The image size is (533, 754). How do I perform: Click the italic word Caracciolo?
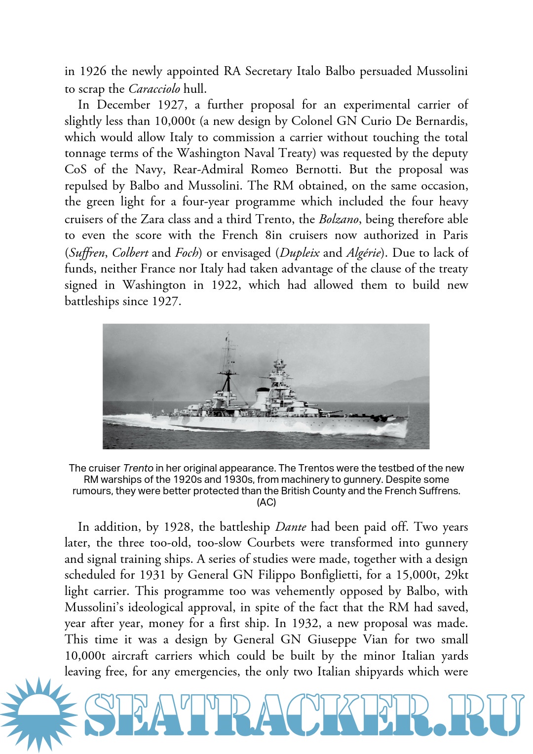click(x=154, y=89)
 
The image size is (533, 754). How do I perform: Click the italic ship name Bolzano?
click(x=339, y=219)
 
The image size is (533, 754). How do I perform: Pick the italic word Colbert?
click(x=130, y=253)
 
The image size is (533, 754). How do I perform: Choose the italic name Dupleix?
click(x=300, y=253)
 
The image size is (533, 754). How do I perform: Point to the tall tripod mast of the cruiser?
click(x=228, y=368)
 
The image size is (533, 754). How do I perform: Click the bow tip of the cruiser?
click(x=408, y=419)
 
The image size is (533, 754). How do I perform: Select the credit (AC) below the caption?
click(x=266, y=502)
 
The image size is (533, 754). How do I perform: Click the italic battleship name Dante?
click(x=291, y=527)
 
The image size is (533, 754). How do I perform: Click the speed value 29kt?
click(x=456, y=575)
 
